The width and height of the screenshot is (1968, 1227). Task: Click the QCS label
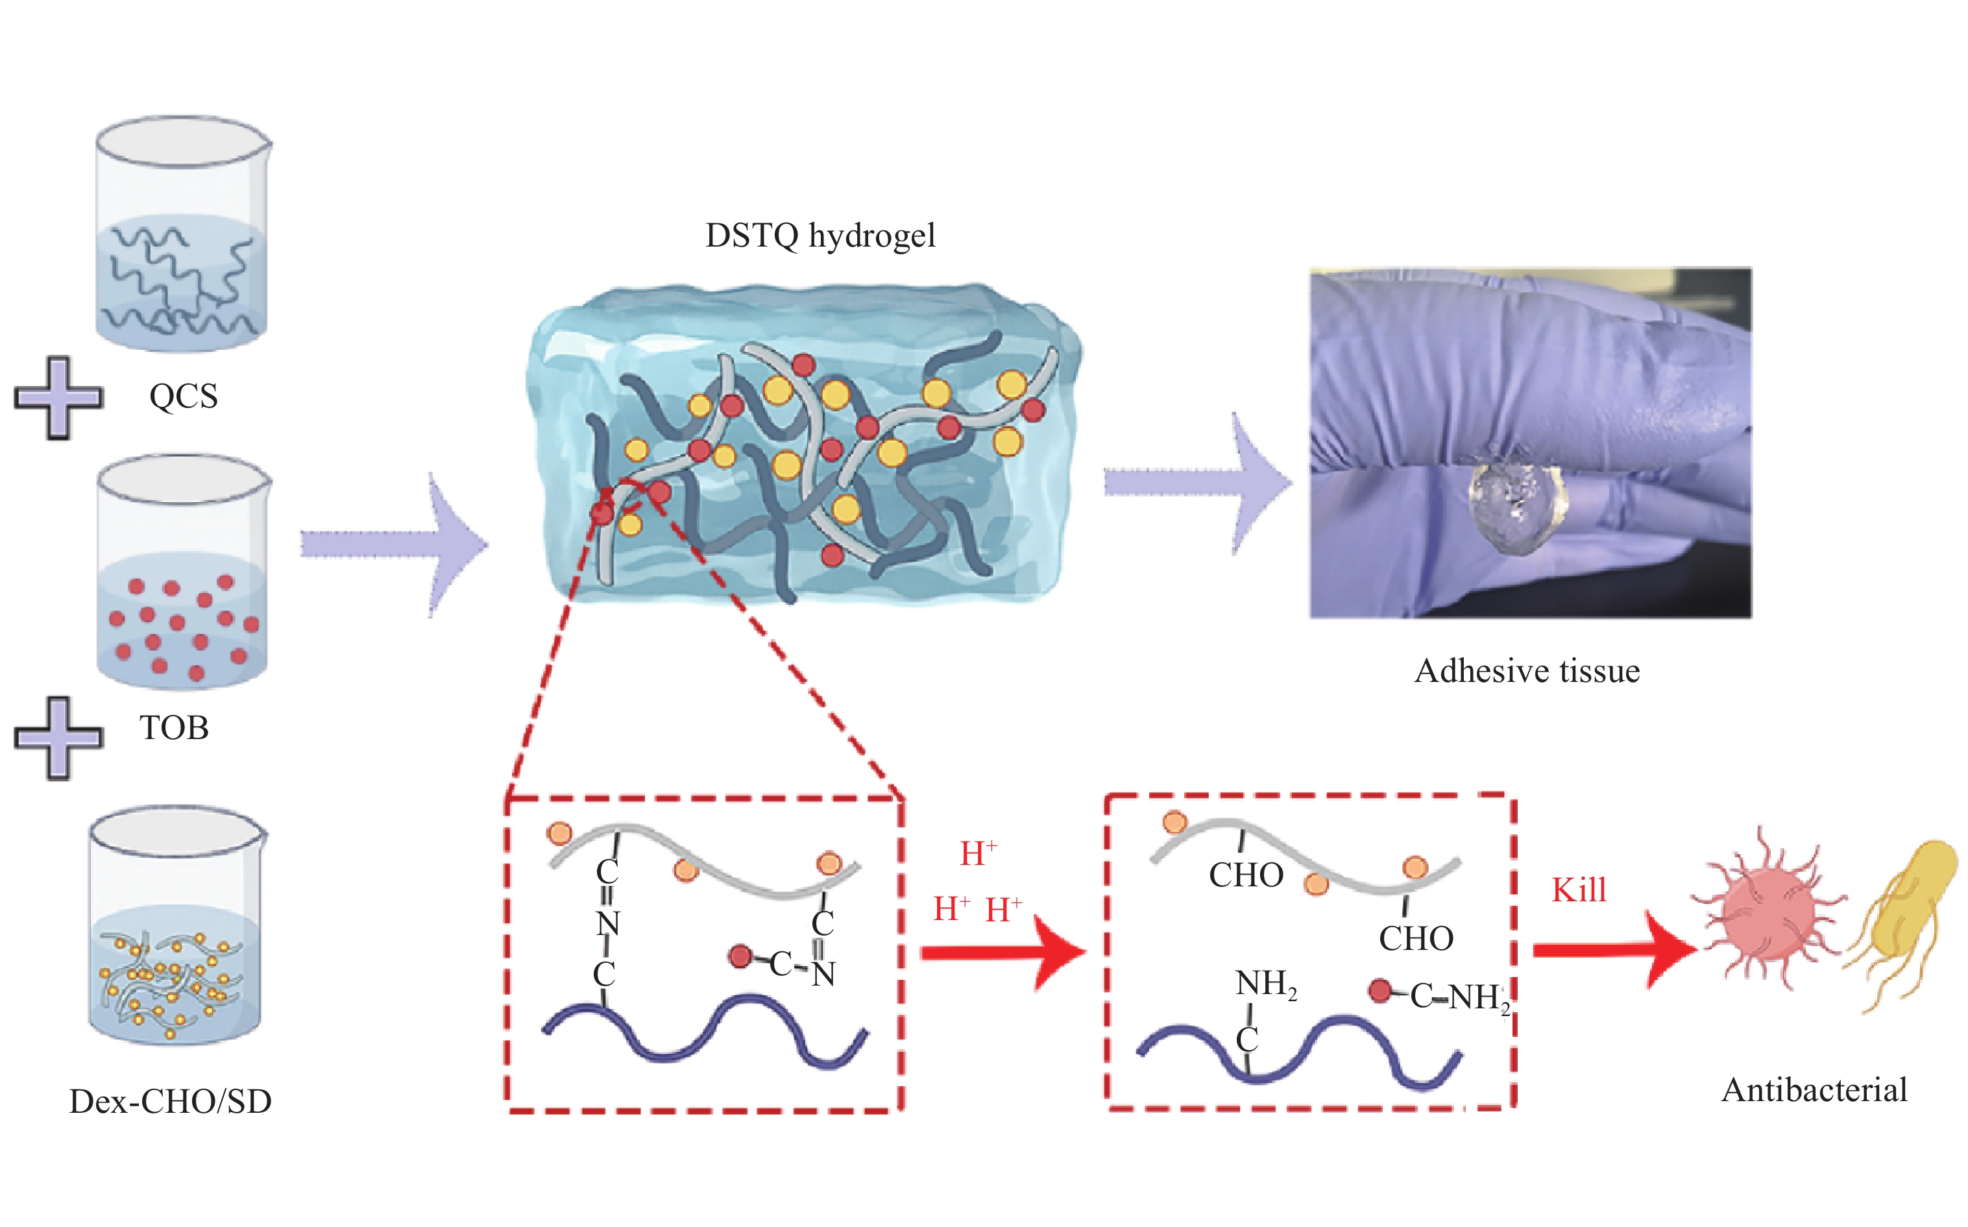184,396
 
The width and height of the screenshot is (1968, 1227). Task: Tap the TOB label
174,728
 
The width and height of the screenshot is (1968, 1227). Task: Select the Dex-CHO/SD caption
171,1101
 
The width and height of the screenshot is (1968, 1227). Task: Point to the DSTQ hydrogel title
820,236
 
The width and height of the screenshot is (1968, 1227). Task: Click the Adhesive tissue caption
1527,671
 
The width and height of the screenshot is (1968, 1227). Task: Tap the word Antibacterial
1815,1090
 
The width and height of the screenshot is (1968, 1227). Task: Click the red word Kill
1579,890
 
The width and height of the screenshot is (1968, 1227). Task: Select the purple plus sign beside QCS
58,398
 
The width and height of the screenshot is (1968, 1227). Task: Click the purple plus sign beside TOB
58,738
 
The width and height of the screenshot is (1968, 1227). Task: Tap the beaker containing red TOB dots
182,572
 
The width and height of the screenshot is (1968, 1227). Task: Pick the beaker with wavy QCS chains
182,234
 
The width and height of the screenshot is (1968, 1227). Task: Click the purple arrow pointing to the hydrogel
395,544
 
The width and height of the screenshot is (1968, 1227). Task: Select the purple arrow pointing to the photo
1198,483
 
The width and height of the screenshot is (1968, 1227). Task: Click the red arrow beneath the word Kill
1615,951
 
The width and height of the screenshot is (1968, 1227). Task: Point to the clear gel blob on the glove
1518,507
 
